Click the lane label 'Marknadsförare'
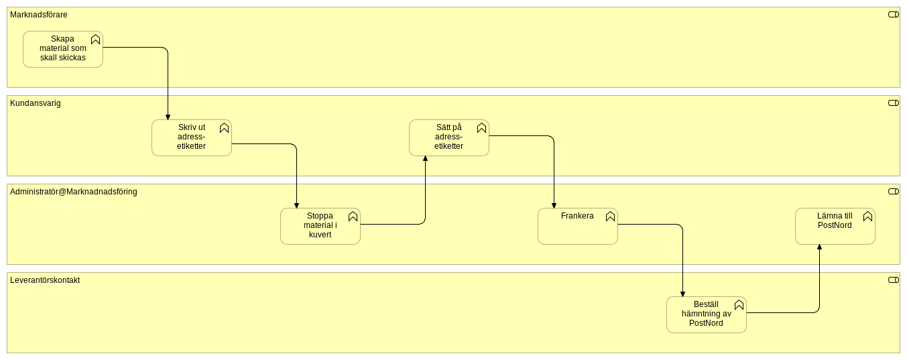pyautogui.click(x=38, y=15)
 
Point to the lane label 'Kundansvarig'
pyautogui.click(x=35, y=103)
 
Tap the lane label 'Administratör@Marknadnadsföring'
pyautogui.click(x=73, y=192)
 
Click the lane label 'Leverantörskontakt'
pyautogui.click(x=44, y=280)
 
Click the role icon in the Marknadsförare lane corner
pyautogui.click(x=893, y=14)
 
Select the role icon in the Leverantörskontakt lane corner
pyautogui.click(x=893, y=280)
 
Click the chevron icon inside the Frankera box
pyautogui.click(x=610, y=217)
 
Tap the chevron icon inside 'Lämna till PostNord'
pyautogui.click(x=867, y=217)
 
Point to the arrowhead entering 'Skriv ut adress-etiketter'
pyautogui.click(x=168, y=117)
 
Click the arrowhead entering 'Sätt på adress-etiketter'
pyautogui.click(x=425, y=159)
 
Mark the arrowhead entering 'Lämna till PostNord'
pyautogui.click(x=819, y=247)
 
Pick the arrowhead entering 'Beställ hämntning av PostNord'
pyautogui.click(x=682, y=294)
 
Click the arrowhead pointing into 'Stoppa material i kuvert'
pyautogui.click(x=296, y=205)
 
